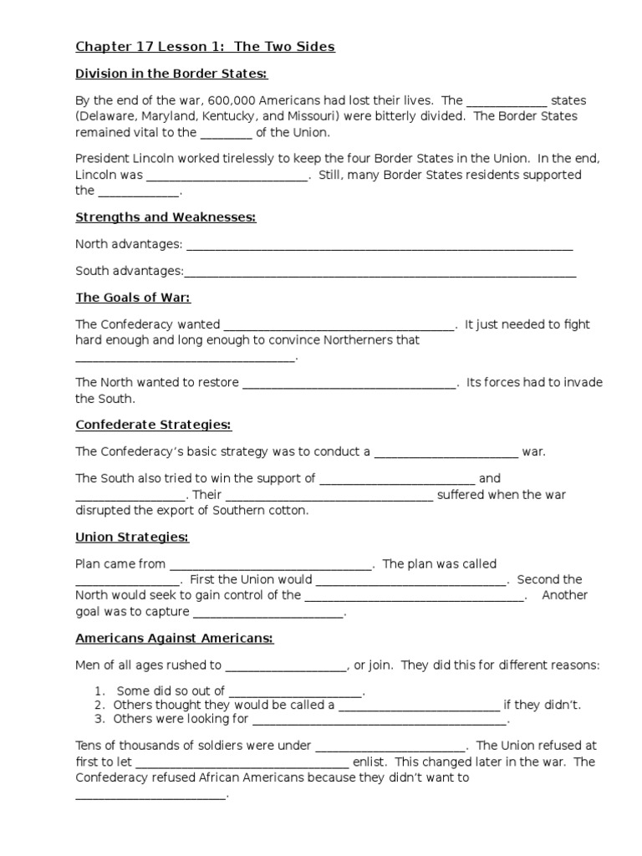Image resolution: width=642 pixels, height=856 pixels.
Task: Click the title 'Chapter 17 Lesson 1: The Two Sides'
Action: point(205,47)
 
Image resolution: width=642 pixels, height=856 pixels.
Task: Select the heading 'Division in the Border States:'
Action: point(171,74)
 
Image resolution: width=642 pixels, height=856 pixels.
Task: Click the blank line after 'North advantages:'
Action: point(380,246)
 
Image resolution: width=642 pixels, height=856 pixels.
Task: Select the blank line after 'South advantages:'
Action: point(380,273)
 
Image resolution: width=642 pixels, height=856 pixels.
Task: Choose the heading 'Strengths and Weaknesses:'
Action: point(166,217)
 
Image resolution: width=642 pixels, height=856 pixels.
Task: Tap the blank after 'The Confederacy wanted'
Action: point(339,326)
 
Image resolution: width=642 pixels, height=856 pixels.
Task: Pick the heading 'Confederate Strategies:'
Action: point(153,425)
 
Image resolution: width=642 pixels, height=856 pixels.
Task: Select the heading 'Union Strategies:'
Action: point(132,536)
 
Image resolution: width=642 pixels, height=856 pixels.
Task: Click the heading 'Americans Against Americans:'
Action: point(175,638)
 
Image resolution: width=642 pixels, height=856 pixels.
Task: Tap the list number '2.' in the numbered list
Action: point(99,705)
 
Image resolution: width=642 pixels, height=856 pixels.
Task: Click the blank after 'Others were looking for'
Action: point(380,721)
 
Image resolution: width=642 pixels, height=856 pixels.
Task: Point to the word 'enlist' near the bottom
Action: point(371,762)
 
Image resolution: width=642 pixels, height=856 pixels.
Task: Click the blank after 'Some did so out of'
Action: point(295,692)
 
